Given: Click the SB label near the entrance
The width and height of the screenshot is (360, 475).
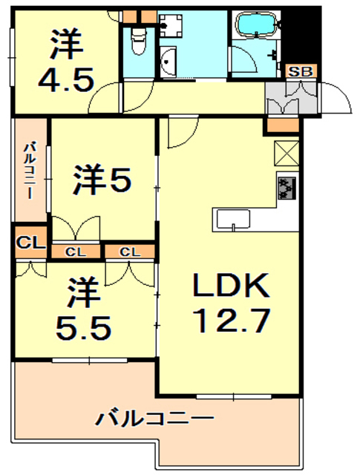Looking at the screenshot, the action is click(301, 72).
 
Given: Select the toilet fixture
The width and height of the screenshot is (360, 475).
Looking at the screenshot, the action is click(139, 42).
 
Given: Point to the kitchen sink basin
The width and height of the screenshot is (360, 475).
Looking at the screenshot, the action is click(233, 219).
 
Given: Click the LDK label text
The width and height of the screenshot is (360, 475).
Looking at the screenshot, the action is click(231, 285).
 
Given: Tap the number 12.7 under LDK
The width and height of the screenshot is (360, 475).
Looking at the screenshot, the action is click(231, 320).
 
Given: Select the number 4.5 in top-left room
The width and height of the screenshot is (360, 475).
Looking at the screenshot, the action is click(66, 79).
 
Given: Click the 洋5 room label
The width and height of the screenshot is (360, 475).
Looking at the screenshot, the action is click(102, 180).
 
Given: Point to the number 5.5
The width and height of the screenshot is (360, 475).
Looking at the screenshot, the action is click(83, 328).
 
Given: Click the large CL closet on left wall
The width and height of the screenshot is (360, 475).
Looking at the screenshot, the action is click(30, 243).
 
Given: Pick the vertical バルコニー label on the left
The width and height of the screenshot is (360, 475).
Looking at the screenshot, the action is click(30, 171).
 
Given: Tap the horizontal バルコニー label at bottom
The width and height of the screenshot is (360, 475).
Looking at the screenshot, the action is click(155, 418).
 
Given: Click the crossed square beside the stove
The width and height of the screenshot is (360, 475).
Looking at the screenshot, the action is click(287, 154).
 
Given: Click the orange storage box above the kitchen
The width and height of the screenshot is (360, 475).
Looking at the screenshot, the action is click(283, 125).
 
